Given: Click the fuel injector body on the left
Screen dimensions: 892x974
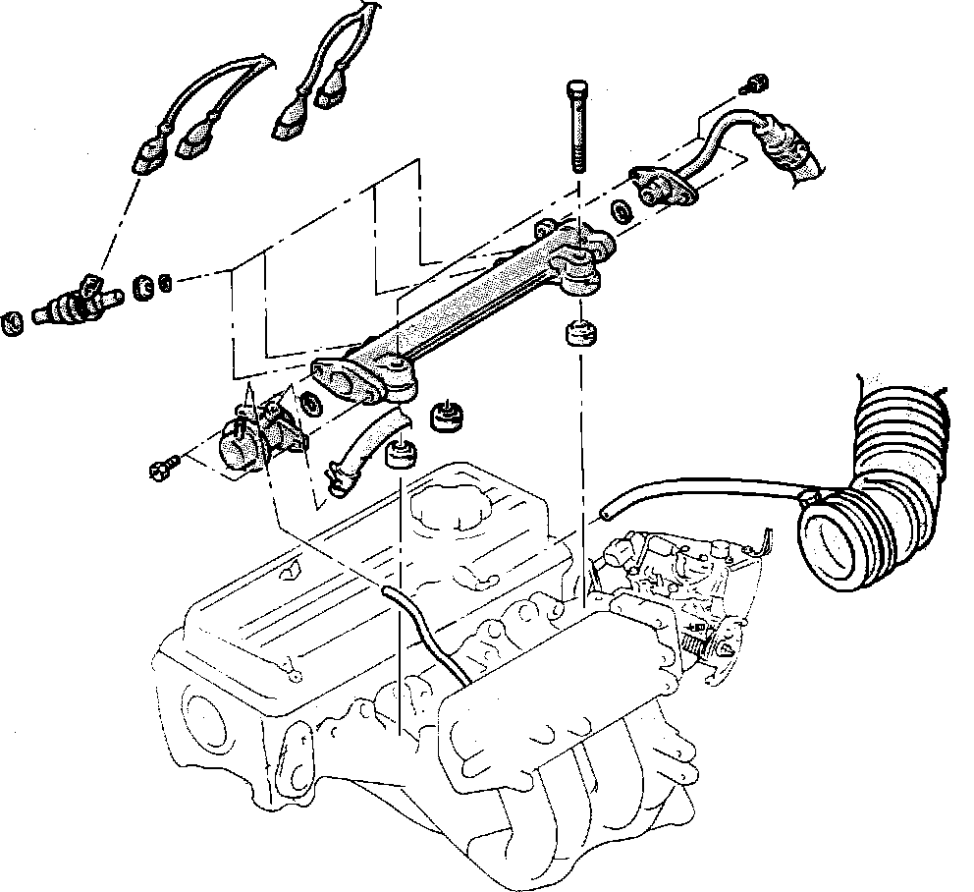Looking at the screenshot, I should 74,305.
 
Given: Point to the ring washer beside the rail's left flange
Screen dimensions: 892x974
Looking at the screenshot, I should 310,404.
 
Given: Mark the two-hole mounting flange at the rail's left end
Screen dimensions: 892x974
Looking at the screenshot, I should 344,380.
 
